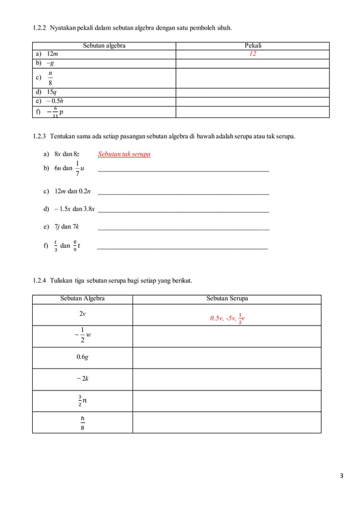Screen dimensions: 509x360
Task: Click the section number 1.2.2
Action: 39,28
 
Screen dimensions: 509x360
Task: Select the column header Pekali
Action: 253,46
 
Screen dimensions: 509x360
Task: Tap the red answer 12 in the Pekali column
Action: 253,54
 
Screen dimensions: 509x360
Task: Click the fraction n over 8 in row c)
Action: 50,78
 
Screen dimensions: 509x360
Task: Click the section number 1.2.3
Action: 39,137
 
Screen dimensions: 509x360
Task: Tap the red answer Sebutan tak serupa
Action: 124,154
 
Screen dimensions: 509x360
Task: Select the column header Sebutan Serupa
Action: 227,299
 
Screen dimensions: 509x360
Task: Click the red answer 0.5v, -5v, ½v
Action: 227,318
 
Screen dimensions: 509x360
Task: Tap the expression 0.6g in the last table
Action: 82,357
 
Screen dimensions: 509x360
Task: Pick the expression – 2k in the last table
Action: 82,379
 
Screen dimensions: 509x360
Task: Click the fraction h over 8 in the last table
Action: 82,423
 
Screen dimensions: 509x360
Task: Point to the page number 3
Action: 341,476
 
